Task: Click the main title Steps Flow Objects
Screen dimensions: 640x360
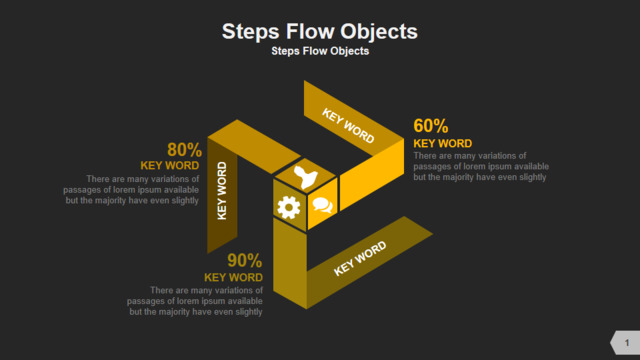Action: pos(320,32)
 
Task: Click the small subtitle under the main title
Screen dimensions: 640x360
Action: pos(320,51)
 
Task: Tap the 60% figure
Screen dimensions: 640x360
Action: pos(431,126)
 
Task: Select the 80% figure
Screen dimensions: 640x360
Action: pos(184,150)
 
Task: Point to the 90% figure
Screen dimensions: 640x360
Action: pos(244,260)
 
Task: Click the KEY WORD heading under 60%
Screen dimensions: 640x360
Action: pos(442,144)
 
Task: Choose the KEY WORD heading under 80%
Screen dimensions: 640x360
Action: pos(170,166)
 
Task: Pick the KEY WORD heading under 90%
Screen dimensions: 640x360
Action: pos(233,278)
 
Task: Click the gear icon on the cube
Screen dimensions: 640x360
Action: pos(289,207)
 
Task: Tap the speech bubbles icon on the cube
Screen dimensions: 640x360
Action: pos(322,205)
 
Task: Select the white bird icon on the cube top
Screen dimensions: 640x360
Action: pos(305,177)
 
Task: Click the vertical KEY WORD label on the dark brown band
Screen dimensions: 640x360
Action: pos(222,191)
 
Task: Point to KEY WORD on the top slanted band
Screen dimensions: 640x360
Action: pos(348,126)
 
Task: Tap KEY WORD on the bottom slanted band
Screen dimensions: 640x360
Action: pos(360,258)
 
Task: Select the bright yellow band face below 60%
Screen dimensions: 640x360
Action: pos(372,175)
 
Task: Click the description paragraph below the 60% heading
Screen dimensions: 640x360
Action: pos(481,167)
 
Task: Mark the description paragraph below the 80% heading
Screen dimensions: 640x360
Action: pos(131,190)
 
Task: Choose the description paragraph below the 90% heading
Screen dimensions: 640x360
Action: pos(195,301)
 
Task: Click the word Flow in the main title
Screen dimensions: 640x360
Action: pos(309,31)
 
